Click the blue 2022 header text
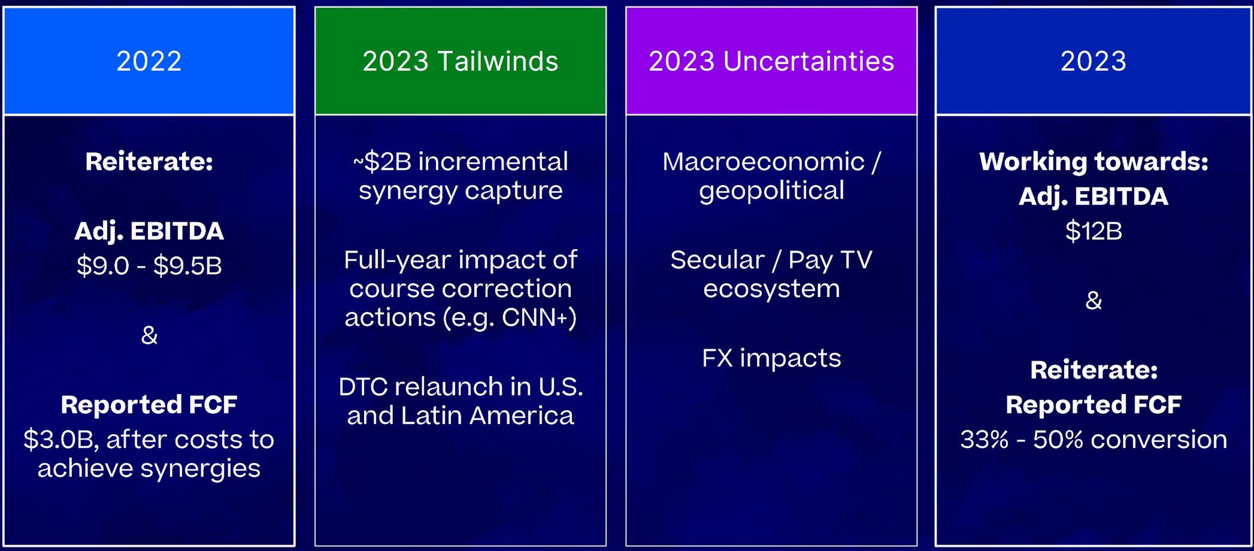point(149,61)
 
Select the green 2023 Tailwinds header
point(461,61)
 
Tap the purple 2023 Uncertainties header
point(771,61)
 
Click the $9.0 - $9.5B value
point(149,265)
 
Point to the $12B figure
point(1094,231)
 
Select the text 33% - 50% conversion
point(1094,439)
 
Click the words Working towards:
point(1094,162)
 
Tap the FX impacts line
point(771,358)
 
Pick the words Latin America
point(487,416)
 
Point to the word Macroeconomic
point(764,162)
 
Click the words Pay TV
point(830,260)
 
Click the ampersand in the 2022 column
point(149,335)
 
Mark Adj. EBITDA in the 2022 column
point(149,231)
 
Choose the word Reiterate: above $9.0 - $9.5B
point(149,162)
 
